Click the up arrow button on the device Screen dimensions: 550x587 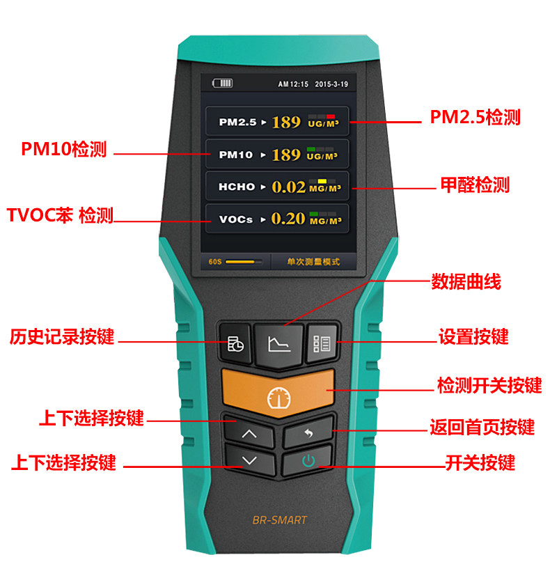coord(249,432)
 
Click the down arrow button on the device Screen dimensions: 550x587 coord(249,461)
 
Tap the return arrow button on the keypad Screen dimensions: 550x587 coord(308,432)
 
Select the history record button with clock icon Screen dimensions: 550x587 coord(235,344)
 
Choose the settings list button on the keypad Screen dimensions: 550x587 coord(322,344)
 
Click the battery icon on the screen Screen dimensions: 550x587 coord(222,83)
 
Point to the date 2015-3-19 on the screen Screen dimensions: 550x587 coord(331,84)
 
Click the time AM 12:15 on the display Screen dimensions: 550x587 coord(293,84)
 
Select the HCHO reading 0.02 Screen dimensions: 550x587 coord(289,187)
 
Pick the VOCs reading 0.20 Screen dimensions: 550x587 coord(288,219)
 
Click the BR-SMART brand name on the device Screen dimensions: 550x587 coord(280,520)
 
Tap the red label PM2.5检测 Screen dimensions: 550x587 coord(475,117)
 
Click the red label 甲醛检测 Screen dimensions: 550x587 coord(475,185)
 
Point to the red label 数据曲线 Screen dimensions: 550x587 coord(466,281)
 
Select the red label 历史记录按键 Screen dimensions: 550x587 coord(62,336)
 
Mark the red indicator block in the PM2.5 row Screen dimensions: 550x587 coord(330,116)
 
